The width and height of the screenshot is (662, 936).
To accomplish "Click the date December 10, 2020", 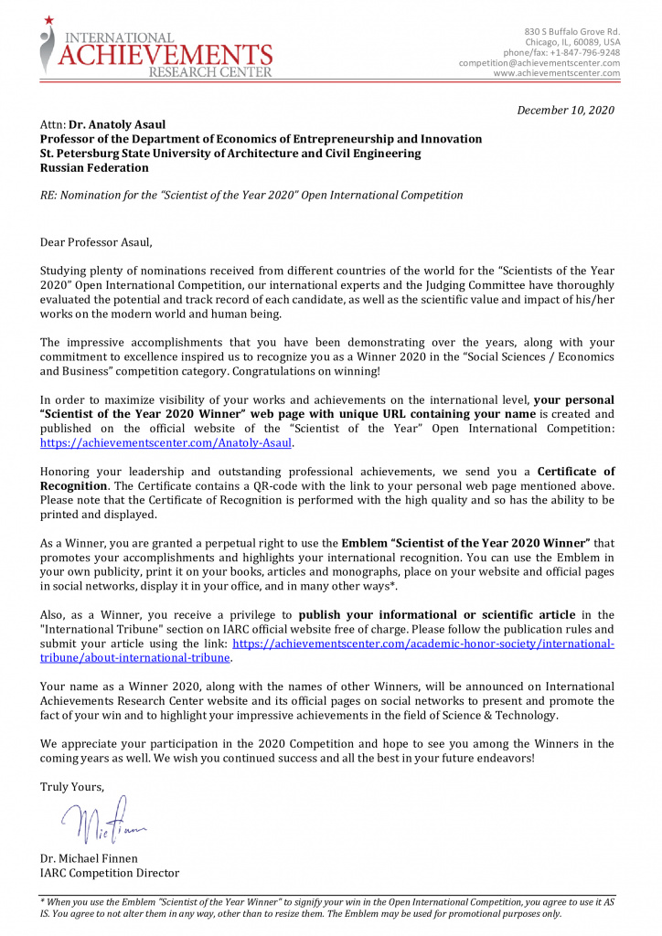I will (565, 110).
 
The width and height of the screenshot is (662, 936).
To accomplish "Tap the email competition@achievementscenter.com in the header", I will (539, 63).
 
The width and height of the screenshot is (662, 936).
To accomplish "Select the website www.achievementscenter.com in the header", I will (556, 73).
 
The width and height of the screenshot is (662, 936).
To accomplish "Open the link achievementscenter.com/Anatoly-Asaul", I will (166, 442).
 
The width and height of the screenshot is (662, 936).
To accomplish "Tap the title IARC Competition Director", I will (109, 873).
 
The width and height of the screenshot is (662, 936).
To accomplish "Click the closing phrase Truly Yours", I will (72, 787).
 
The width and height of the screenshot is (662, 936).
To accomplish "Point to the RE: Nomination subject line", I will (251, 195).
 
